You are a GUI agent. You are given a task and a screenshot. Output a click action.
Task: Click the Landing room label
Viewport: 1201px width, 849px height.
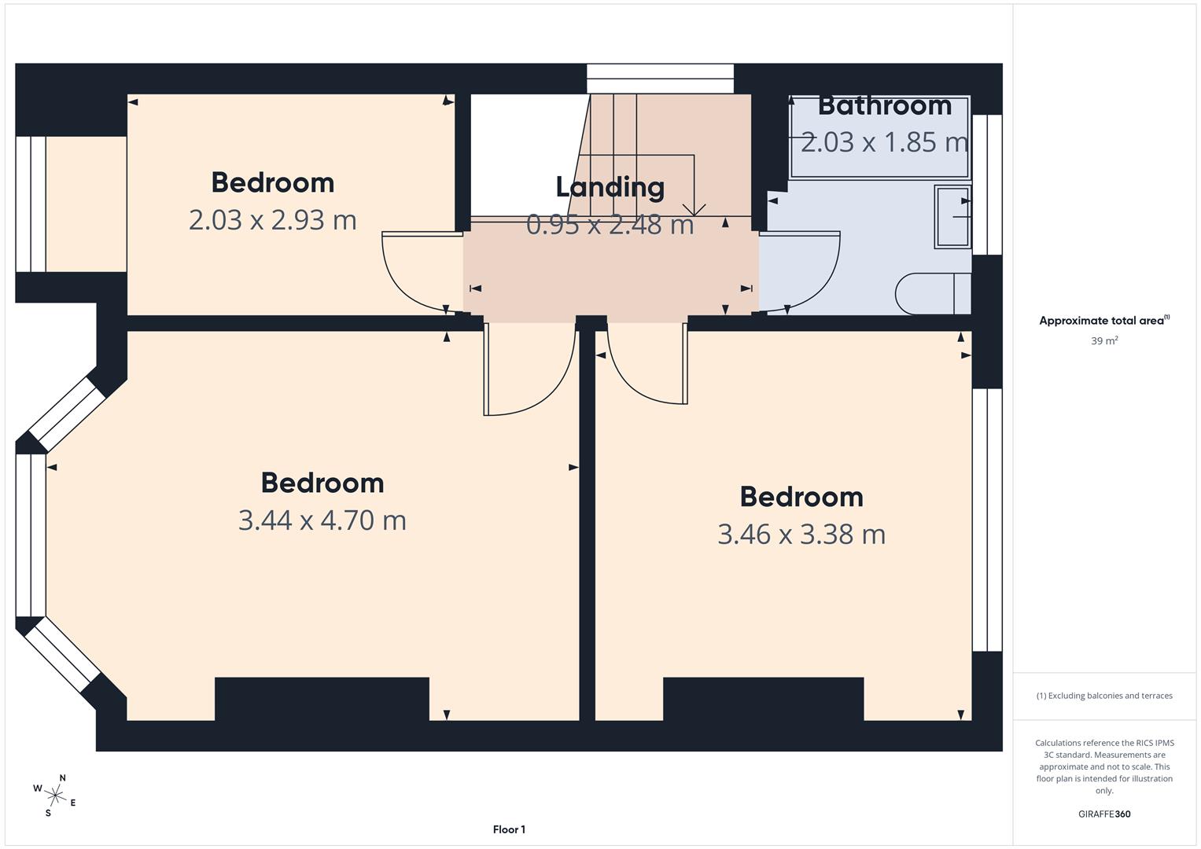pyautogui.click(x=610, y=187)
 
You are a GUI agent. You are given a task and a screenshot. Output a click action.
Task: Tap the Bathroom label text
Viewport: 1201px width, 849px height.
pyautogui.click(x=884, y=105)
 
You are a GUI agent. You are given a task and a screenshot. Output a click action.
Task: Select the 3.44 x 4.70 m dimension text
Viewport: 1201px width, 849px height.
pyautogui.click(x=322, y=520)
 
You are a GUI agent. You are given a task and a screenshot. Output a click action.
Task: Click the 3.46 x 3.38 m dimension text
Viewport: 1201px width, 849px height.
pyautogui.click(x=801, y=535)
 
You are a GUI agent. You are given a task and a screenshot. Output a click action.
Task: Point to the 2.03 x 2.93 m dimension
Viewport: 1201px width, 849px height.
pyautogui.click(x=272, y=220)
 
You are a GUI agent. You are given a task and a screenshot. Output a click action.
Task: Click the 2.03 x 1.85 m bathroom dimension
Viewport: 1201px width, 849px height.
pyautogui.click(x=884, y=142)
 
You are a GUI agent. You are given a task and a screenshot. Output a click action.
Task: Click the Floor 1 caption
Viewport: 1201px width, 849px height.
pyautogui.click(x=509, y=829)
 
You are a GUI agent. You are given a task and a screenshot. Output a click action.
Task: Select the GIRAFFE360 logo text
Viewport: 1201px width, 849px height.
pyautogui.click(x=1103, y=814)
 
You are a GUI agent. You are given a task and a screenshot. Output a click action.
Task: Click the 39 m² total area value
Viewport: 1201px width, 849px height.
pyautogui.click(x=1103, y=341)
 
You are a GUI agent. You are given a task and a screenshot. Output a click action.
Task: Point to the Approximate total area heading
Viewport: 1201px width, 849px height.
pyautogui.click(x=1103, y=321)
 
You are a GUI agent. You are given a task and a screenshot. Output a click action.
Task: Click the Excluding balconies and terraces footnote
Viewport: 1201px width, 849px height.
pyautogui.click(x=1103, y=696)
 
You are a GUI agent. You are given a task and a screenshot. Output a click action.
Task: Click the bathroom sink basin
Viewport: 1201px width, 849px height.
pyautogui.click(x=952, y=217)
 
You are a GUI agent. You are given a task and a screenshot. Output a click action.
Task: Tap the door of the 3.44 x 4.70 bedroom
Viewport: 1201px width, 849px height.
pyautogui.click(x=535, y=377)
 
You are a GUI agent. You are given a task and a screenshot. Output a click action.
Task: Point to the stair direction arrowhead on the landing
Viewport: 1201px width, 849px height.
pyautogui.click(x=693, y=210)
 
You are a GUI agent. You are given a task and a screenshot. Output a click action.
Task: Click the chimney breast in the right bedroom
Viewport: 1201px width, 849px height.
pyautogui.click(x=763, y=698)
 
